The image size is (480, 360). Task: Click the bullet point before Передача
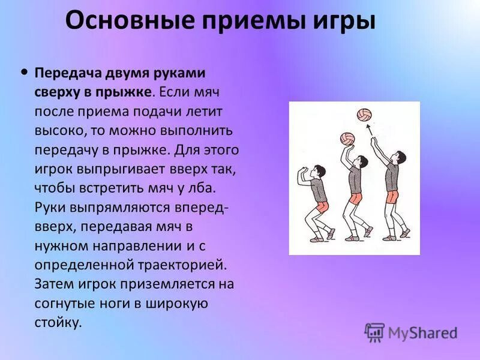tap(23, 71)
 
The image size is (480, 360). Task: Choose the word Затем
tap(56, 284)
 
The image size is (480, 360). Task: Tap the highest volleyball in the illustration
tap(364, 115)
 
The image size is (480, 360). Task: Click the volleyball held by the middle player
tap(347, 139)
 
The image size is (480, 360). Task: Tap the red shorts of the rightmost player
tap(392, 197)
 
